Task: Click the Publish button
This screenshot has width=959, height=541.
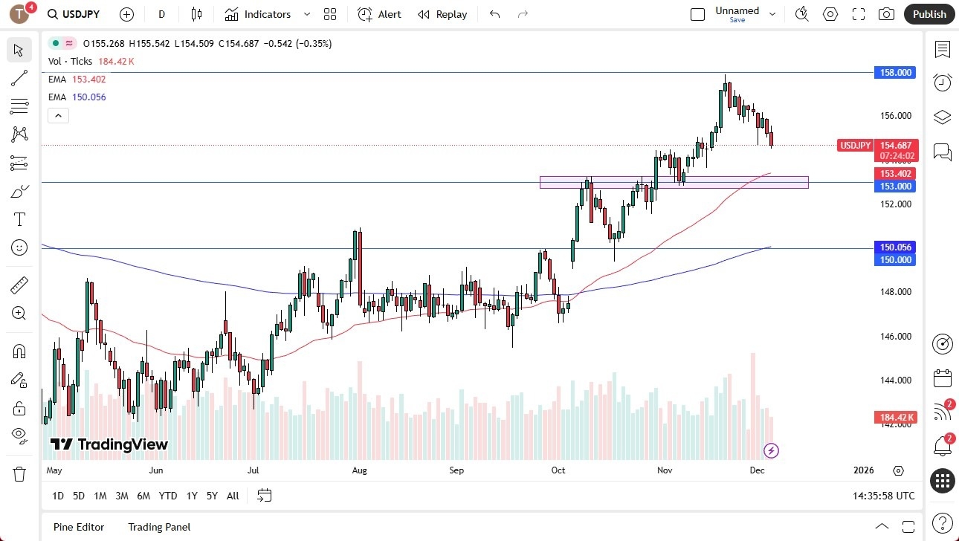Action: tap(929, 14)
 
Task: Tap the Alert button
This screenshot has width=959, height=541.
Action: tap(379, 14)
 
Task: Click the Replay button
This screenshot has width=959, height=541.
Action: tap(442, 14)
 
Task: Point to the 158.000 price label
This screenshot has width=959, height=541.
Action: tap(896, 73)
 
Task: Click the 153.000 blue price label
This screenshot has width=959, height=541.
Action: tap(896, 187)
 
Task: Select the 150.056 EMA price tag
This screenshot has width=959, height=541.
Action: tap(896, 247)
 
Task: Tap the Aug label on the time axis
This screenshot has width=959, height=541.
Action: tap(360, 470)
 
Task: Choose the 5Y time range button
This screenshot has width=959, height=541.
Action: tap(212, 496)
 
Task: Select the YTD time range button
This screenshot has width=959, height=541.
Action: tap(168, 496)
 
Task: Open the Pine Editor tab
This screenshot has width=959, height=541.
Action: tap(79, 527)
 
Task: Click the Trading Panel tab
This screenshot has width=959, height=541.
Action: tap(159, 527)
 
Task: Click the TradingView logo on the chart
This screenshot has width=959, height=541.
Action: tap(109, 444)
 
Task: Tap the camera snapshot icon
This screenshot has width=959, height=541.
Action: tap(886, 14)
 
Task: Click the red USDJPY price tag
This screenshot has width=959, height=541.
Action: tap(856, 146)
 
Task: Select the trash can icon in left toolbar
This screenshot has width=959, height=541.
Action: tap(19, 473)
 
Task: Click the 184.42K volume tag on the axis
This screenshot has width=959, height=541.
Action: tap(896, 418)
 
